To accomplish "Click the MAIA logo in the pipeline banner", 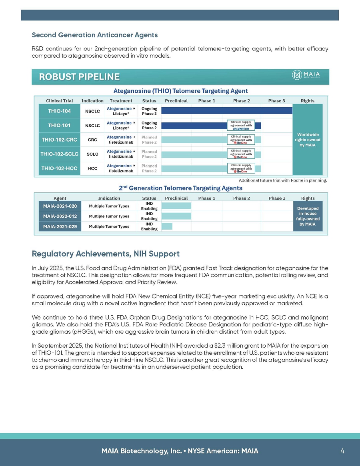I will [310, 75].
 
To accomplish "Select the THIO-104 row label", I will [60, 111].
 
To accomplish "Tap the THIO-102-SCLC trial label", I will [60, 154].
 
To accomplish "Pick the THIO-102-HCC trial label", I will [60, 168].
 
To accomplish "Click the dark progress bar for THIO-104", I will [227, 111].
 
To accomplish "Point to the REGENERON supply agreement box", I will [241, 125].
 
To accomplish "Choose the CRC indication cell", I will [92, 140].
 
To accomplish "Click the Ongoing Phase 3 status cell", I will [149, 111].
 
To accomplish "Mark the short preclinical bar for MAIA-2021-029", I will [167, 226].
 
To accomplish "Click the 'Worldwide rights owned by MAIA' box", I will [308, 140].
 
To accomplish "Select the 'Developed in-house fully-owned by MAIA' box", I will [308, 216].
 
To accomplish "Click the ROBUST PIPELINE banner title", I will [79, 77].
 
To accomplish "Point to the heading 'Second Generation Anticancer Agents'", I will [94, 35].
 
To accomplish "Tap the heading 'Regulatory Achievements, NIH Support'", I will [106, 254].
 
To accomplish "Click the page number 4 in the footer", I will [342, 451].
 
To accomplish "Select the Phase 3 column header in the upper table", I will [277, 101].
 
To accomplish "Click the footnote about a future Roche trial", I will [283, 180].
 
